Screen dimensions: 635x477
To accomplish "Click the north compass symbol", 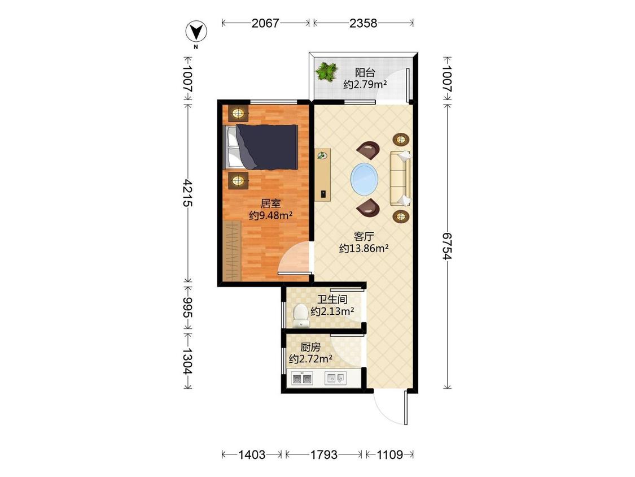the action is click(x=196, y=32).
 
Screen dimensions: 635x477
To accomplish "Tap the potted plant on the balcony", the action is click(x=327, y=72).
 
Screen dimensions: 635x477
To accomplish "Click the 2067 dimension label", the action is click(x=265, y=23).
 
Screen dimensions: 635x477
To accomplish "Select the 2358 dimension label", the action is click(x=364, y=23).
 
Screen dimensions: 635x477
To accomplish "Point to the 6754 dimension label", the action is click(x=447, y=246).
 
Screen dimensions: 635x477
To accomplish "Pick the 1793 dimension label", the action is click(x=323, y=455).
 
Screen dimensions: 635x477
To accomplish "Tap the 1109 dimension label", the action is click(x=389, y=455).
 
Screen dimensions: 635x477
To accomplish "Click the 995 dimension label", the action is click(x=187, y=307).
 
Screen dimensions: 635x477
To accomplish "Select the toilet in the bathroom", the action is click(x=300, y=316).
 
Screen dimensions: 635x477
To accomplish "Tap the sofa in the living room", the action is click(x=400, y=178).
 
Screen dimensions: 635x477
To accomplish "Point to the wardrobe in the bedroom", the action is click(x=232, y=251).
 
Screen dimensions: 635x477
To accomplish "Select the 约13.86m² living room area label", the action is click(x=364, y=248).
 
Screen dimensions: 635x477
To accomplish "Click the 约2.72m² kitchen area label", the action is click(x=310, y=358).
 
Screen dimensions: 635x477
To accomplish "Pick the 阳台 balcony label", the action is click(x=365, y=72).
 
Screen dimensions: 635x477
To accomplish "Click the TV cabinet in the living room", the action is click(x=323, y=175).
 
